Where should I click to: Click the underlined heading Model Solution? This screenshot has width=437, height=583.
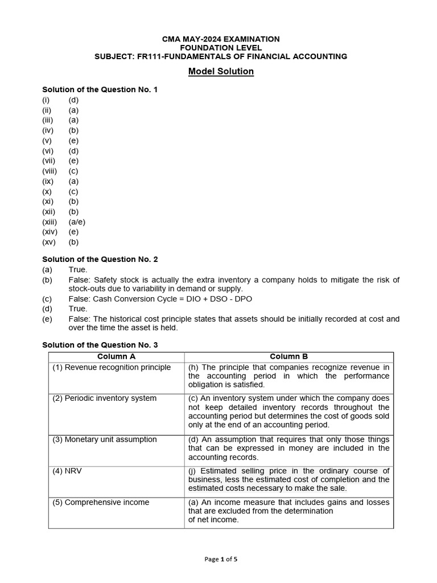point(221,72)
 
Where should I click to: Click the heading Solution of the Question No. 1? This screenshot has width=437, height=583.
point(100,89)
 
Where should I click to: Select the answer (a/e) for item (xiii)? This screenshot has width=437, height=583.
point(77,222)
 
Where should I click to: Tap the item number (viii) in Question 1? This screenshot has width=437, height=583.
point(50,171)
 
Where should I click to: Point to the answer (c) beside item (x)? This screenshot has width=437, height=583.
point(73,191)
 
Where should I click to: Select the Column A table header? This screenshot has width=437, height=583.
point(117,356)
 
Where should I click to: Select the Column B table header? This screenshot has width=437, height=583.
point(288,356)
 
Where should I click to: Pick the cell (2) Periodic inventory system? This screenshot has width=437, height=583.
point(105,398)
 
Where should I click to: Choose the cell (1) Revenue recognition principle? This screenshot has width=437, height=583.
point(112,367)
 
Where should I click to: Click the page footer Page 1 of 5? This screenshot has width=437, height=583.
point(221,559)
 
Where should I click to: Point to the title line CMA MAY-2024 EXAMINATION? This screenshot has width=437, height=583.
point(221,39)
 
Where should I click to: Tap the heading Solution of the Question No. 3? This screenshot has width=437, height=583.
point(100,345)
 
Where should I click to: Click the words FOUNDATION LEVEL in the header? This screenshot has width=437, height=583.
point(221,48)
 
